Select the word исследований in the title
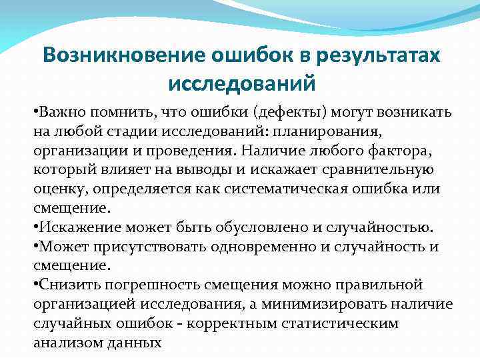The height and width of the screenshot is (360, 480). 241,85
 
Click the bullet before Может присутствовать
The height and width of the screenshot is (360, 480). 35,246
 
